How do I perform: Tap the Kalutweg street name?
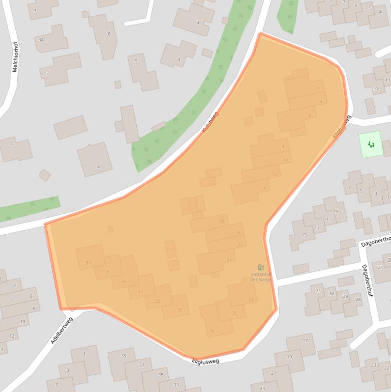pyautogui.click(x=209, y=123)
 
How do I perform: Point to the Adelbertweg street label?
pyautogui.click(x=62, y=330)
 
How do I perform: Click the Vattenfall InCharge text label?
pyautogui.click(x=261, y=276)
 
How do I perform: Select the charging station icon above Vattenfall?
pyautogui.click(x=261, y=267)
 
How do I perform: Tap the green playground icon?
pyautogui.click(x=371, y=145)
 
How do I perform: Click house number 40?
pyautogui.click(x=88, y=262)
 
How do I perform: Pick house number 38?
pyautogui.click(x=107, y=272)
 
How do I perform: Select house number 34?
pyautogui.click(x=140, y=291)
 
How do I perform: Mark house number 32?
pyautogui.click(x=158, y=301)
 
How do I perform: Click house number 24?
pyautogui.click(x=251, y=299)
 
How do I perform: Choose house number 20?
pyautogui.click(x=240, y=245)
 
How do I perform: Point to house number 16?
pyautogui.click(x=222, y=221)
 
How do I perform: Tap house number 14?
pyautogui.click(x=263, y=188)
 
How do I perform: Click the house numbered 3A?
pyautogui.click(x=41, y=39)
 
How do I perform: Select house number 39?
pyautogui.click(x=124, y=355)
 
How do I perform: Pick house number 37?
pyautogui.click(x=142, y=365)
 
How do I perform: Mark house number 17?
pyautogui.click(x=305, y=341)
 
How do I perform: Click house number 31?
pyautogui.click(x=319, y=291)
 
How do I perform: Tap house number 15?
pyautogui.click(x=305, y=235)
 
